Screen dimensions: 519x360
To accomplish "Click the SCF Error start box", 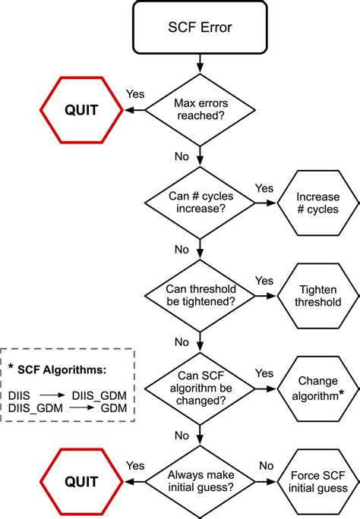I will point(199,27).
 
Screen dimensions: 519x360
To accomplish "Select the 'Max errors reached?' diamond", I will point(199,109).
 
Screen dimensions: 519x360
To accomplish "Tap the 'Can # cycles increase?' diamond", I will point(199,203).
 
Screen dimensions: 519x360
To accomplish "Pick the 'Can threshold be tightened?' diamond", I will point(199,295).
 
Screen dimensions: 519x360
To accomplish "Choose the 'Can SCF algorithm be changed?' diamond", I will point(199,388).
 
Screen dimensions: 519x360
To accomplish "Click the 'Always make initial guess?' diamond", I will point(199,481).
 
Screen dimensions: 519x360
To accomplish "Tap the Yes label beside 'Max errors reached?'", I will point(136,96).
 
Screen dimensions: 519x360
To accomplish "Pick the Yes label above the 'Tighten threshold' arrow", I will point(264,280).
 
